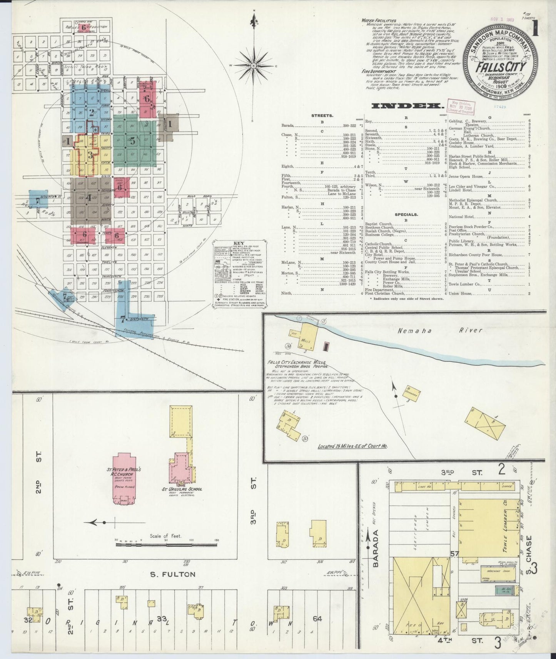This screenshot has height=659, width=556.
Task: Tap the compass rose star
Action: pyautogui.click(x=254, y=66)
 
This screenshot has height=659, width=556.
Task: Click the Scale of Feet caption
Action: pyautogui.click(x=166, y=536)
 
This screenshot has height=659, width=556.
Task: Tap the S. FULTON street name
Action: pyautogui.click(x=173, y=574)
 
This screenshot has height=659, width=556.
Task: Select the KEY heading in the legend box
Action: pyautogui.click(x=237, y=243)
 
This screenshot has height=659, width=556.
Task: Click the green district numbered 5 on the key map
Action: pyautogui.click(x=133, y=141)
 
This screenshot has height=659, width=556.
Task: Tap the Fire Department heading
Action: pyautogui.click(x=379, y=72)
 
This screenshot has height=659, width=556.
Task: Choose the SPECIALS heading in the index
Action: pyautogui.click(x=406, y=215)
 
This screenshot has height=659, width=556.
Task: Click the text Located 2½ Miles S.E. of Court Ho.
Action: pyautogui.click(x=352, y=446)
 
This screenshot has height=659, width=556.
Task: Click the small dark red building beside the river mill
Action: pyautogui.click(x=327, y=346)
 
